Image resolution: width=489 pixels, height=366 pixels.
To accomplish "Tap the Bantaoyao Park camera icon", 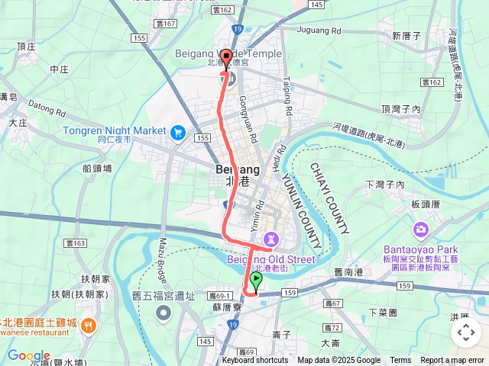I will (x=420, y=230).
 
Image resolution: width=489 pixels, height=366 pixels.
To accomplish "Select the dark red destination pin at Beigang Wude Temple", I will (x=226, y=58).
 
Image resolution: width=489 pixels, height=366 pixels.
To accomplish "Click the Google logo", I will (x=28, y=355).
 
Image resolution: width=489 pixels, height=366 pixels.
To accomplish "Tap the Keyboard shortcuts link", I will (x=255, y=361).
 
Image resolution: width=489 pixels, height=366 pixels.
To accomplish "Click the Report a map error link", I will (x=453, y=361).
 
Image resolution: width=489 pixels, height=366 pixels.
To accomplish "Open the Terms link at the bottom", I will (x=400, y=361).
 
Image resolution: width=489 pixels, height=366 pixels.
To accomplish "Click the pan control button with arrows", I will (x=465, y=332).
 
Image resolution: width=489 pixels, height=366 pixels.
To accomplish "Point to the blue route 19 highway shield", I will (x=238, y=29).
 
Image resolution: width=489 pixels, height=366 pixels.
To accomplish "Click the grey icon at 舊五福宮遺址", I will (x=163, y=313).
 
